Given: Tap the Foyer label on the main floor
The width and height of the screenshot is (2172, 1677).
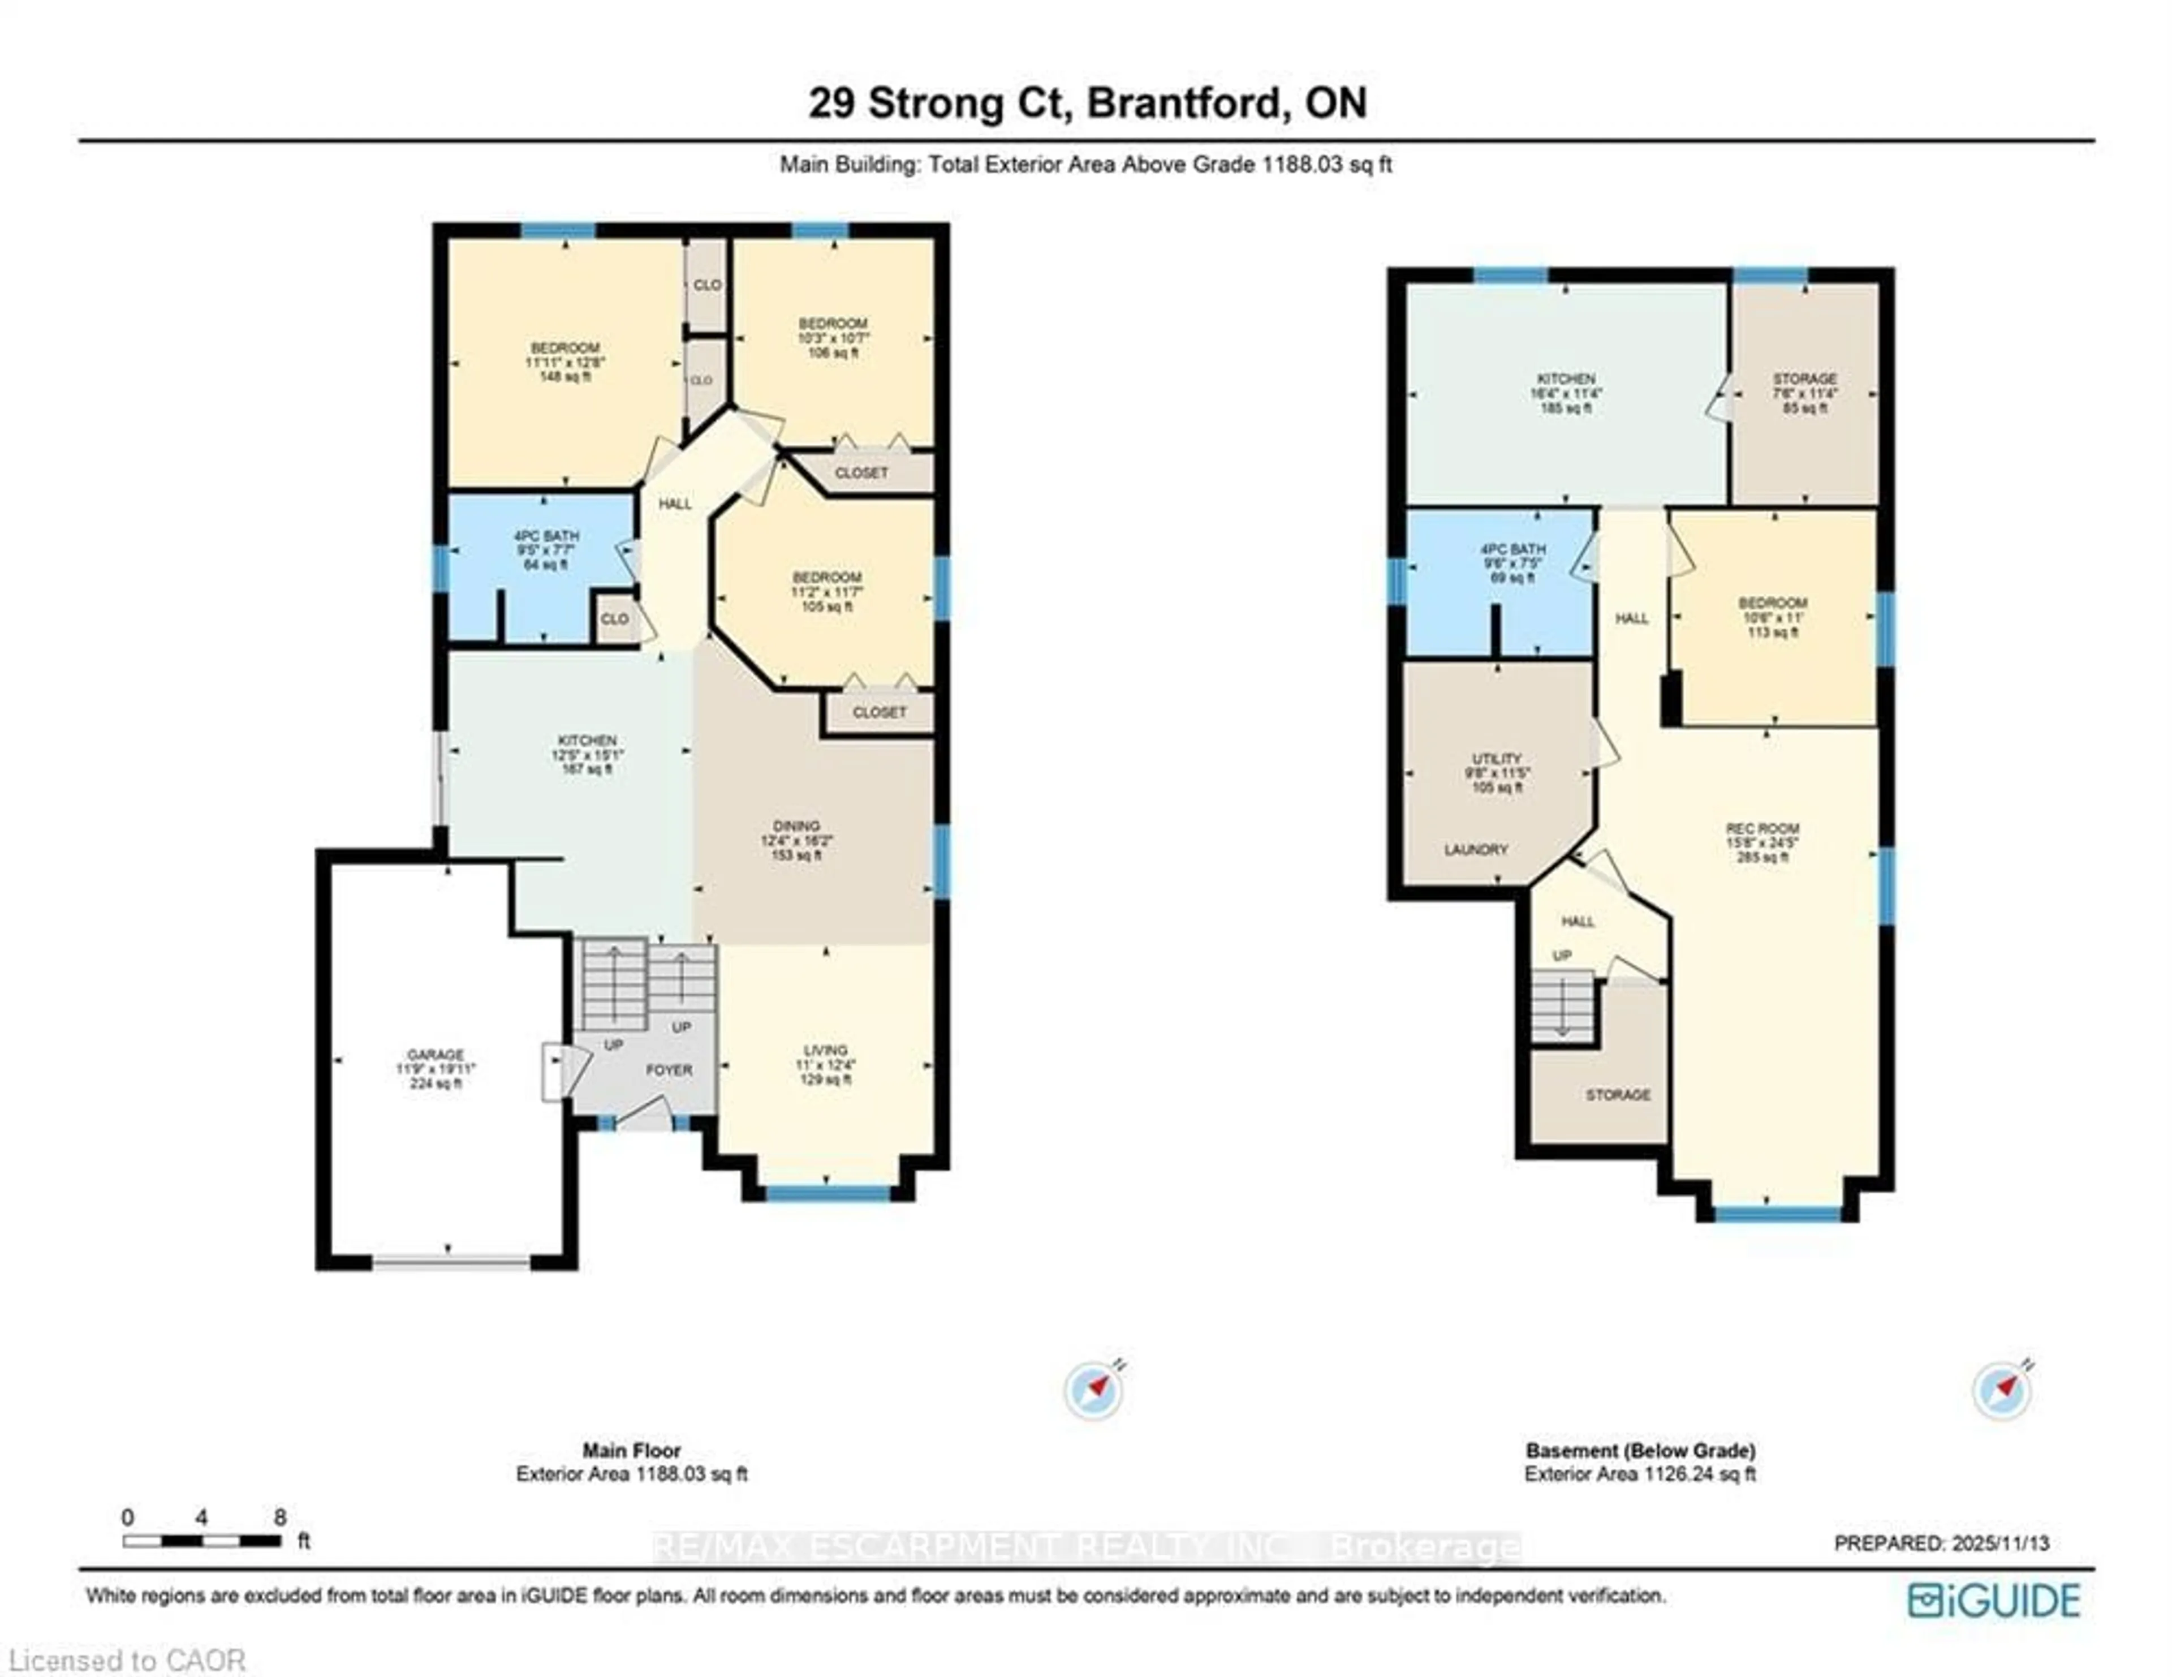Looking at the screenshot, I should [669, 1070].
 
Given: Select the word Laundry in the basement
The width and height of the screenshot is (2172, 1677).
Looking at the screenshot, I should [1476, 849].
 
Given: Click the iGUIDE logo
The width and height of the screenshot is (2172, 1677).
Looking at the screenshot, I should [1993, 1601].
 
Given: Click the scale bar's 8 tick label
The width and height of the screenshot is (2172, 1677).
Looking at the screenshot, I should [281, 1517].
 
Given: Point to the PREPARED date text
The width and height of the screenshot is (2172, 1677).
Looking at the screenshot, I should [1941, 1543].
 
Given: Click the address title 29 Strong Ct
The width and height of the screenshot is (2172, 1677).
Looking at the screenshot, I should [1087, 104].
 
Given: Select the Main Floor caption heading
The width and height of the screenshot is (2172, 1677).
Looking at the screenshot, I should [631, 1450].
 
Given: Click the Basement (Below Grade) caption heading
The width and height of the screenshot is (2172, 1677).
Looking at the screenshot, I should [1640, 1450].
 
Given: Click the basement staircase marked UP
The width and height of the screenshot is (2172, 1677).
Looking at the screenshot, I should [1562, 1007].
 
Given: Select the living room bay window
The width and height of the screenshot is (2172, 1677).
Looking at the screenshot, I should [828, 1193].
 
